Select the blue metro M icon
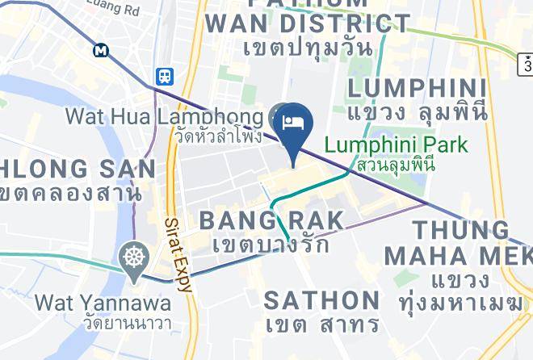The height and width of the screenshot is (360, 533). [x=101, y=50]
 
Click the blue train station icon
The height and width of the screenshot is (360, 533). [x=165, y=76]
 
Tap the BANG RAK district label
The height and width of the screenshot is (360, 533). [x=271, y=220]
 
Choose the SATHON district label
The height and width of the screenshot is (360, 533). [x=321, y=300]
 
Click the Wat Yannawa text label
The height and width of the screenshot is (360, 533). [x=103, y=303]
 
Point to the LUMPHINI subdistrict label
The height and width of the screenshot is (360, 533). [x=417, y=88]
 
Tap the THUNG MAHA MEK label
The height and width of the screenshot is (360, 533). [x=457, y=243]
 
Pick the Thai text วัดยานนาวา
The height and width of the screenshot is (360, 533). [x=103, y=324]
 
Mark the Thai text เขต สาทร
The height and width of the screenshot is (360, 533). [x=321, y=324]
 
